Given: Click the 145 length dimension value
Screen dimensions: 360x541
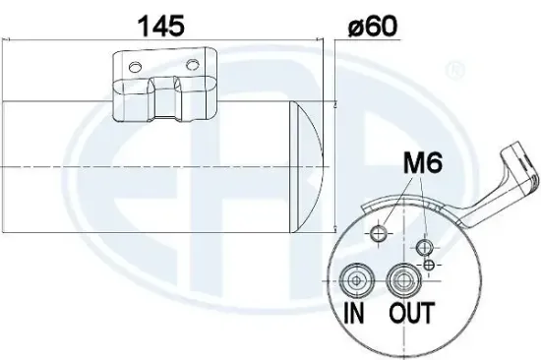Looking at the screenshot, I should (160, 27).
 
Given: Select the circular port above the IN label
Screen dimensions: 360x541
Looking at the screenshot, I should (351, 279).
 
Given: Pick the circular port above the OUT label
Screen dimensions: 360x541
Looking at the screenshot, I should (400, 280).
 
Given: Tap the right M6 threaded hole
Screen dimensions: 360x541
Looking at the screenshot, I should (425, 246).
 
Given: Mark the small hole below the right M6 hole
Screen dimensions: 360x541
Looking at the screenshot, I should (430, 265).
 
